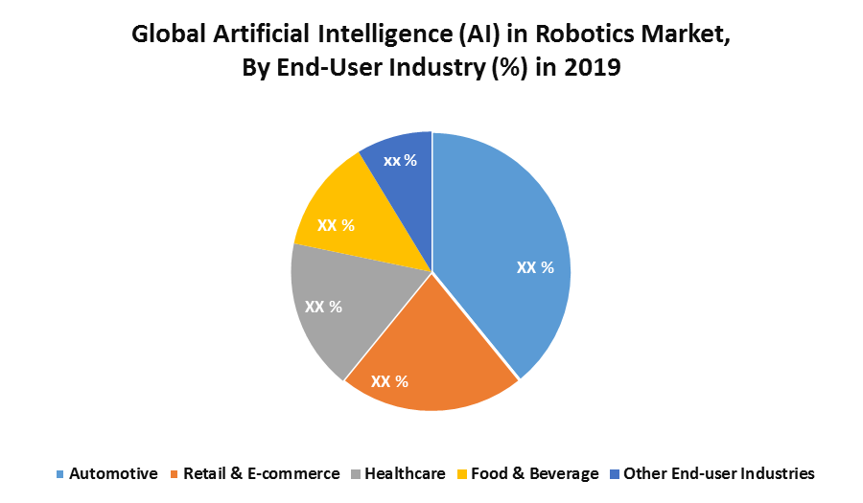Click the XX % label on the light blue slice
point(535,267)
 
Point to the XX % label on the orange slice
point(389,381)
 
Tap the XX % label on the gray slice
point(323,307)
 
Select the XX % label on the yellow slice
point(336,226)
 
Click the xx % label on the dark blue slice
point(400,160)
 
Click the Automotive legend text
point(113,473)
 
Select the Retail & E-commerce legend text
point(261,473)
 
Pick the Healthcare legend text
point(405,473)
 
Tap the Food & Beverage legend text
point(535,473)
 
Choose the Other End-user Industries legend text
point(718,473)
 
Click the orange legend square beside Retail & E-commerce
point(175,474)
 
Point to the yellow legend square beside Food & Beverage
point(461,474)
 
